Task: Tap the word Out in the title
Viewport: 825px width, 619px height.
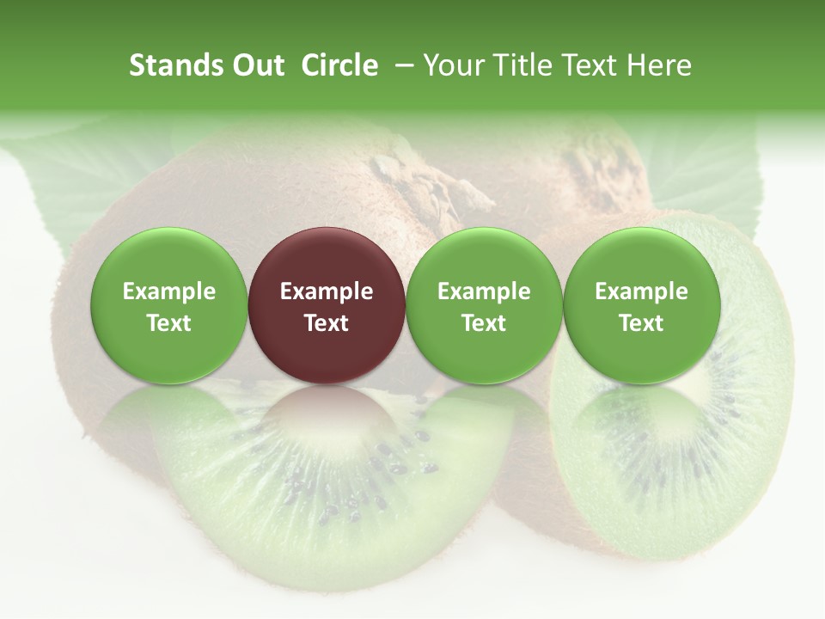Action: pyautogui.click(x=256, y=65)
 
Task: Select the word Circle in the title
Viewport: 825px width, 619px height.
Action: pyautogui.click(x=339, y=65)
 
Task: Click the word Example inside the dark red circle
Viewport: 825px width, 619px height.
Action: pyautogui.click(x=327, y=291)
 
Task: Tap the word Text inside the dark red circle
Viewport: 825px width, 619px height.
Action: pyautogui.click(x=327, y=323)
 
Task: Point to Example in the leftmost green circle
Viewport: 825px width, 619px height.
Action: pyautogui.click(x=168, y=291)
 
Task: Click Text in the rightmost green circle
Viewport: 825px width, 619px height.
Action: pyautogui.click(x=641, y=323)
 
